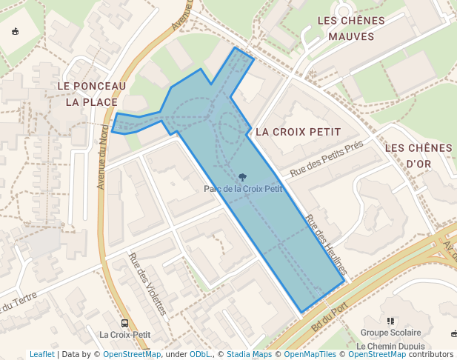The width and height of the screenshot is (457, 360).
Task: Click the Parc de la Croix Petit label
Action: (x=243, y=189)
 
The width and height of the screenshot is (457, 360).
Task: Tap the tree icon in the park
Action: (x=243, y=177)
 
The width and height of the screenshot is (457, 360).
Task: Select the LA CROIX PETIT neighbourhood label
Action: (x=298, y=132)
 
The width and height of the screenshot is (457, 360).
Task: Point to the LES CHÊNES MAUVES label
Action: (x=351, y=28)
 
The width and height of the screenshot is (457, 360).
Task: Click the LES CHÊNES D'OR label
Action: (x=418, y=156)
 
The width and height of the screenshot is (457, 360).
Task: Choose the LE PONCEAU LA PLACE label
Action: (x=91, y=94)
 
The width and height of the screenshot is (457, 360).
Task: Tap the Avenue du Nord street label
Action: (x=103, y=156)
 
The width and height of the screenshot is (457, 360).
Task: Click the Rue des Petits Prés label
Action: (x=327, y=159)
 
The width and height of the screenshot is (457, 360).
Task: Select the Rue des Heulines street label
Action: (x=326, y=245)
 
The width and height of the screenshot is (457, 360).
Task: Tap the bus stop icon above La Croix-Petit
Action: (x=124, y=323)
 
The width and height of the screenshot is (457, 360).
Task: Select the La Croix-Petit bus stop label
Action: (x=124, y=335)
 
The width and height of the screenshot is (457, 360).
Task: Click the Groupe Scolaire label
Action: (x=390, y=333)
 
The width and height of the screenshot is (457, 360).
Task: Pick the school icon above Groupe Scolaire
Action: (x=390, y=321)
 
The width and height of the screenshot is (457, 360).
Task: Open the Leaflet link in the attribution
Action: (x=41, y=354)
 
